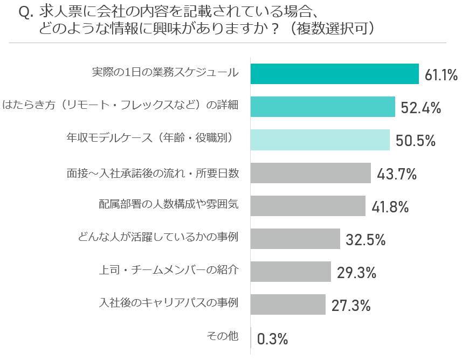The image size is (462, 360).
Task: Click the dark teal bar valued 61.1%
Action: [334, 74]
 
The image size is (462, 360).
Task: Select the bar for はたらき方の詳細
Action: [322, 107]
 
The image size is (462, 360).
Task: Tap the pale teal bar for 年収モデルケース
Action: [320, 140]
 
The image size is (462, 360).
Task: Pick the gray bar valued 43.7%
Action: [311, 173]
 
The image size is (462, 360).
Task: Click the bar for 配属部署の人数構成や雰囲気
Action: [308, 206]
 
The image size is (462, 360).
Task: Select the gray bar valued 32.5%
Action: [295, 239]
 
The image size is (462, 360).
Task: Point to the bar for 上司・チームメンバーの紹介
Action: [291, 272]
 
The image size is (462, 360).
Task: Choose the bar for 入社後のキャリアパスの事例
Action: [288, 304]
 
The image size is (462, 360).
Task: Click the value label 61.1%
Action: [441, 75]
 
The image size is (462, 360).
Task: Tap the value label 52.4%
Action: [420, 108]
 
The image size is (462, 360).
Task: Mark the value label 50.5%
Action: [415, 141]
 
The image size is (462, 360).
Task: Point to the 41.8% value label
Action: [390, 206]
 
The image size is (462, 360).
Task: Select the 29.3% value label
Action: [356, 273]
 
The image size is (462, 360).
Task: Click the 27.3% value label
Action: [351, 306]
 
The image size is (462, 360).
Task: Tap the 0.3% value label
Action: [272, 339]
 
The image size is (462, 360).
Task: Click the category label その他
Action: [223, 336]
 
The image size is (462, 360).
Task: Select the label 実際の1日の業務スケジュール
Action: [166, 73]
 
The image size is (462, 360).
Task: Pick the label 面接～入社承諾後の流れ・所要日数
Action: [153, 172]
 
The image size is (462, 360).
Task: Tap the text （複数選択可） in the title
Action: [330, 29]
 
